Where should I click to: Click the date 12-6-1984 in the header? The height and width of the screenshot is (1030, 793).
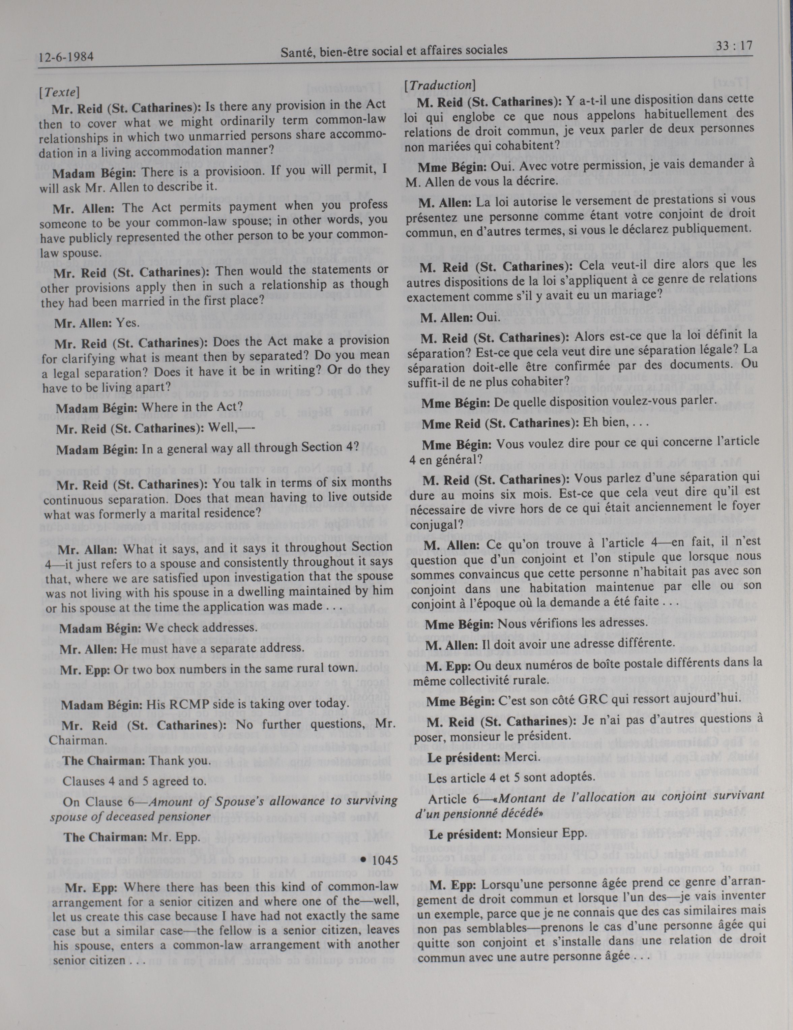tap(66, 58)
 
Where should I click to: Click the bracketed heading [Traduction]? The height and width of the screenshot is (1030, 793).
tap(440, 85)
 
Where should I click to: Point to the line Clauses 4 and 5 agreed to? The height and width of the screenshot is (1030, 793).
tap(135, 781)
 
